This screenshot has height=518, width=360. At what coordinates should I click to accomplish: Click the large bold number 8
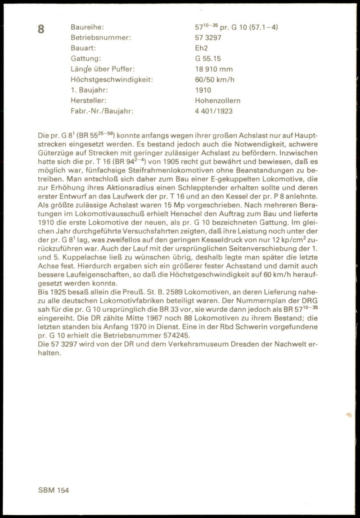[x=41, y=29]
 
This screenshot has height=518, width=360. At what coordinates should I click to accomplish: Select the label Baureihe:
[x=87, y=27]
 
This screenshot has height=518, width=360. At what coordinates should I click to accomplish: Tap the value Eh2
[x=201, y=48]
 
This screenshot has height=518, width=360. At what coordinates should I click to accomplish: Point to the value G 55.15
[x=208, y=59]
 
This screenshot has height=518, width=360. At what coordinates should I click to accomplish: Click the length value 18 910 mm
[x=214, y=69]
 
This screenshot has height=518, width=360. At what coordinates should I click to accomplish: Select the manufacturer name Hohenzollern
[x=218, y=100]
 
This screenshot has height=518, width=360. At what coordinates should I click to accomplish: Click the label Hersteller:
[x=89, y=100]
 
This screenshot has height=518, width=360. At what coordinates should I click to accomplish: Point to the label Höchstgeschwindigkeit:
[x=112, y=80]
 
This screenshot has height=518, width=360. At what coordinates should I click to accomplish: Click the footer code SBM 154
[x=54, y=490]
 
